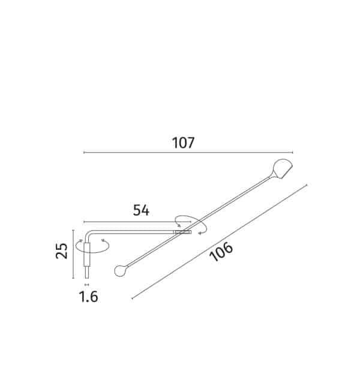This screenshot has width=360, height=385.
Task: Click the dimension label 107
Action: [x=183, y=143]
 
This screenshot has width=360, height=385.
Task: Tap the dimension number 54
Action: [x=141, y=210]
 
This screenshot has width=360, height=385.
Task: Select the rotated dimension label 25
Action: [x=62, y=250]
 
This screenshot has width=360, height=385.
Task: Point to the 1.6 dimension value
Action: [x=89, y=296]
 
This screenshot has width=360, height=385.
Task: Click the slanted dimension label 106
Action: [x=221, y=251]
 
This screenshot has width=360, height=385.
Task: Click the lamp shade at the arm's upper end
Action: [x=282, y=168]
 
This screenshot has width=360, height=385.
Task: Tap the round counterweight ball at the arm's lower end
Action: [x=120, y=270]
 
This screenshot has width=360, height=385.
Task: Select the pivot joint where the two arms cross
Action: [x=182, y=232]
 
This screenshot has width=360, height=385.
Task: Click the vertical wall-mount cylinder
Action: [x=87, y=255]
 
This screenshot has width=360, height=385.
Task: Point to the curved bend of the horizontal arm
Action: [x=88, y=234]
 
